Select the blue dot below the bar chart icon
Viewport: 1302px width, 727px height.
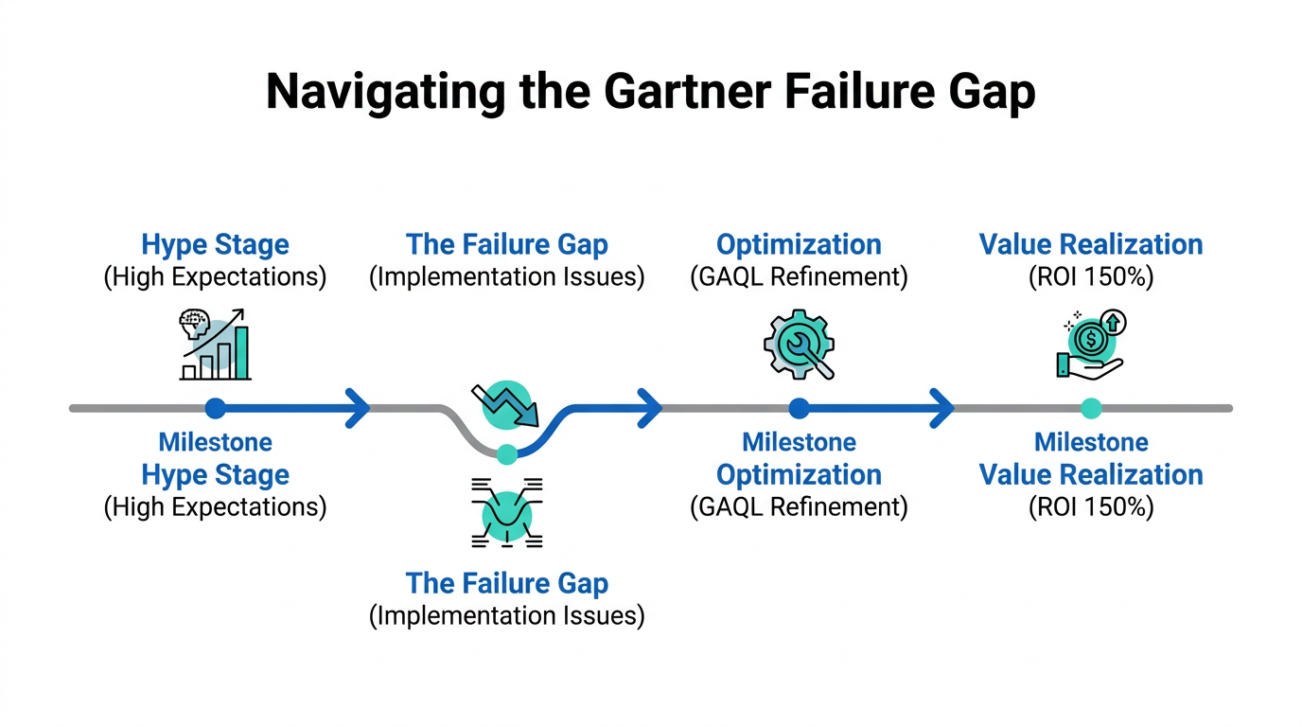click(x=216, y=408)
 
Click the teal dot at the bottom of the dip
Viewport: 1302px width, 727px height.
click(x=507, y=453)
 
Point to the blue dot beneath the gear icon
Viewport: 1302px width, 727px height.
click(x=800, y=408)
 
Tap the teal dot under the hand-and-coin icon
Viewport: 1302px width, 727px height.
click(x=1091, y=408)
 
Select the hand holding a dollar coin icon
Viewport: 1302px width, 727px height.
click(x=1090, y=346)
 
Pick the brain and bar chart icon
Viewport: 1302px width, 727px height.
click(x=216, y=346)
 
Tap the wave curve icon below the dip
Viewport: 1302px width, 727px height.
click(x=507, y=513)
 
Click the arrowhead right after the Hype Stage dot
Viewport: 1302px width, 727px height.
click(x=358, y=408)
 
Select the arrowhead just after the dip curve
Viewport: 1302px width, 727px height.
click(x=650, y=408)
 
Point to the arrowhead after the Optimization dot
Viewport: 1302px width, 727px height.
click(x=942, y=408)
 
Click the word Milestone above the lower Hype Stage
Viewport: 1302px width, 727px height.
click(x=216, y=442)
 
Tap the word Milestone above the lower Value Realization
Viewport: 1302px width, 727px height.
click(x=1091, y=442)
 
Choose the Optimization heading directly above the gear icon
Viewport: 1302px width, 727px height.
click(x=800, y=244)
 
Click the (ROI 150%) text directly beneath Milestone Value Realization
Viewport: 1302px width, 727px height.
click(x=1091, y=506)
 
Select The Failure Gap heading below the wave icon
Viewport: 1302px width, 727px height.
click(x=507, y=583)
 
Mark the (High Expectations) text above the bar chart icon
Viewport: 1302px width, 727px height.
click(x=216, y=276)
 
